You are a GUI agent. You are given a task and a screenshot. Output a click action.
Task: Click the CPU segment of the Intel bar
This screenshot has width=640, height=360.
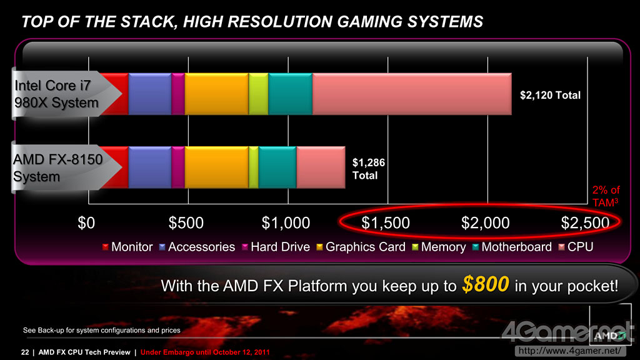[412, 94]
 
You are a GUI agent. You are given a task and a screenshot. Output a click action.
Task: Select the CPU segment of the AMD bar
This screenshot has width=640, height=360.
[321, 167]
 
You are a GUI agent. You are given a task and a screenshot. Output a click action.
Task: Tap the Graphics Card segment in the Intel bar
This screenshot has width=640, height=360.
[216, 94]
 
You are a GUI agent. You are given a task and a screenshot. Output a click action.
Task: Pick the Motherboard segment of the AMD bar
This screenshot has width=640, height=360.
[277, 167]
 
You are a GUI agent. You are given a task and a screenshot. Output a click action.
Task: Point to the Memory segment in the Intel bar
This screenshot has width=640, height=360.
[258, 94]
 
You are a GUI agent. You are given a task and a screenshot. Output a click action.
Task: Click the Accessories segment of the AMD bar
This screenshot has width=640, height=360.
[150, 167]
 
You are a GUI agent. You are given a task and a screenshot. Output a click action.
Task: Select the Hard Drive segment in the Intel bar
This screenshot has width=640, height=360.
[178, 94]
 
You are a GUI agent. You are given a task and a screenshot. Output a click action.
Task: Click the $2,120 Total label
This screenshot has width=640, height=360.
[550, 95]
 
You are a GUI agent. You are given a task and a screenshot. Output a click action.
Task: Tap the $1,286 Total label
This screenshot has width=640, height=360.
[369, 169]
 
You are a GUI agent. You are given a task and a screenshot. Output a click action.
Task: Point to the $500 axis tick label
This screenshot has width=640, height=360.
[186, 223]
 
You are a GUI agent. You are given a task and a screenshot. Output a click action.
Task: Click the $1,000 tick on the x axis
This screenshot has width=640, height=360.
[286, 223]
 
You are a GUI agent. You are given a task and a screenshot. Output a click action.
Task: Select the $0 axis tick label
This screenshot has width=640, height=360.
[86, 223]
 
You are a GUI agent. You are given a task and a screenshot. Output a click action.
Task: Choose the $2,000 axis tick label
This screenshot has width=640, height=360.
[485, 223]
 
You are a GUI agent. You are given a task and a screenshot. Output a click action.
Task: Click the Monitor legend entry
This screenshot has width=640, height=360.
[127, 247]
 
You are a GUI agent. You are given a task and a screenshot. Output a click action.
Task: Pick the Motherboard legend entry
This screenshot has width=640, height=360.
[512, 247]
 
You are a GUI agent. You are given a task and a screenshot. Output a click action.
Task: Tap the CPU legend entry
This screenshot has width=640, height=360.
[576, 247]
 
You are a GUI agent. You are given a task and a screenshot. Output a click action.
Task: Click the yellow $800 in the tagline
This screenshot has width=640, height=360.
[486, 284]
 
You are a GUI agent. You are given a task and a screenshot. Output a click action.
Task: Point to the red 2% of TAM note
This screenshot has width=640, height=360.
[606, 196]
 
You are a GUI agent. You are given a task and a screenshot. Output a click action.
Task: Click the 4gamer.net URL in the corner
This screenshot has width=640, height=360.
[569, 351]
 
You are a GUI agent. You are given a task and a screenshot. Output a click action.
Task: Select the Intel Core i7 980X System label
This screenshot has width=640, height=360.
[56, 94]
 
